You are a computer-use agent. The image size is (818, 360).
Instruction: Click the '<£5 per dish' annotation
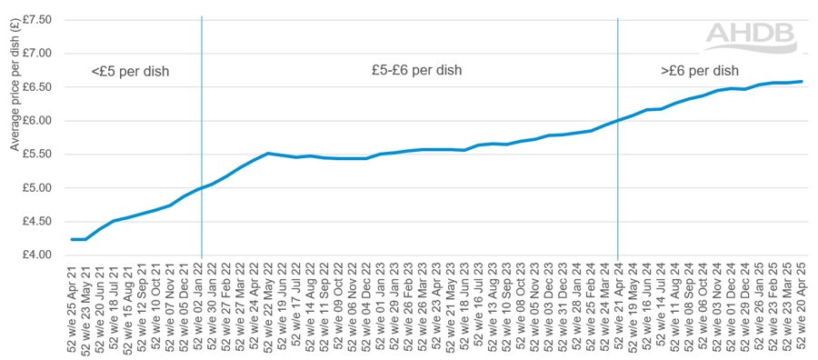[130, 71]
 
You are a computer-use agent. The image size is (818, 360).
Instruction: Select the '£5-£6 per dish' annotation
[416, 69]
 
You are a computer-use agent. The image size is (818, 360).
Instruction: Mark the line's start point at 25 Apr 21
[71, 239]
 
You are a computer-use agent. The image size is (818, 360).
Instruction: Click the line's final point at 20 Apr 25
[802, 82]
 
